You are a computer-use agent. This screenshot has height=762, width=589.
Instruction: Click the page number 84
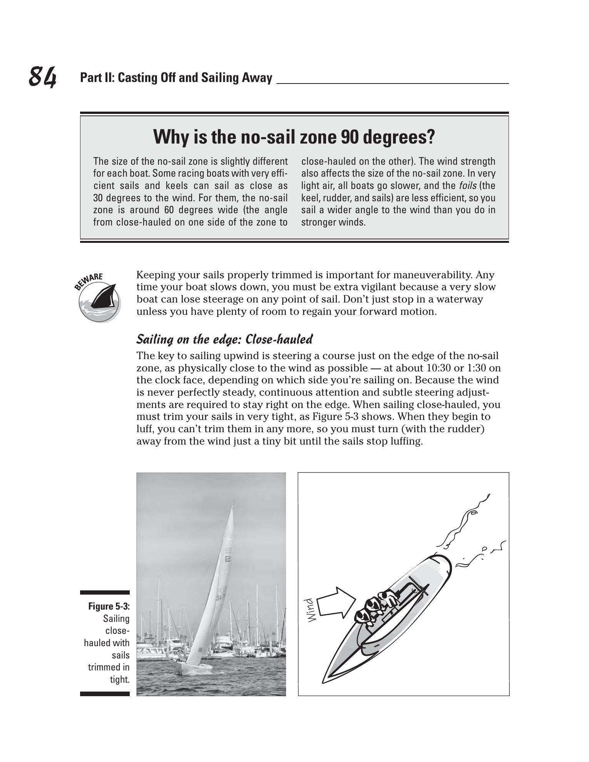click(x=42, y=77)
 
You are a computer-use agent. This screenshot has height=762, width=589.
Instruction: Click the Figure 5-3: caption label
click(x=109, y=607)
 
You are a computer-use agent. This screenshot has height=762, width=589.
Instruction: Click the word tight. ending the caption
click(x=119, y=680)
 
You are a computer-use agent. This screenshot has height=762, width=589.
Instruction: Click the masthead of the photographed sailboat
click(x=233, y=504)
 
